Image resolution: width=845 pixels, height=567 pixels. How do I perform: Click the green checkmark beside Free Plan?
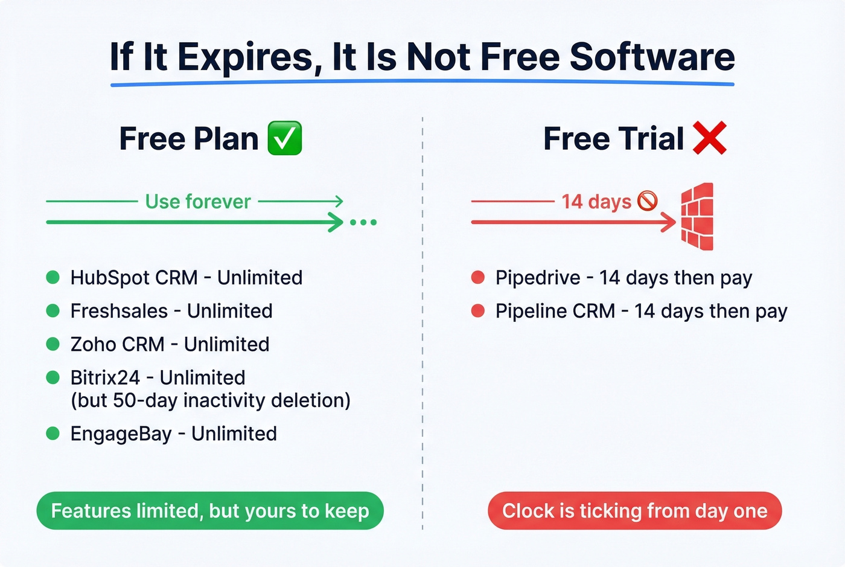(284, 138)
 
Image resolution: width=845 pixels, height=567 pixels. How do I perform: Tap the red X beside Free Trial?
(709, 138)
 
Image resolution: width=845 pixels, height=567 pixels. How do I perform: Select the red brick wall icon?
(698, 217)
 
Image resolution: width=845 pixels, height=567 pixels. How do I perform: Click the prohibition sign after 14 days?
(648, 200)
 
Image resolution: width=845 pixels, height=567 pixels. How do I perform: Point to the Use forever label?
(198, 201)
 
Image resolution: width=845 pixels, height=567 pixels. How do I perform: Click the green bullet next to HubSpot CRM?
(53, 277)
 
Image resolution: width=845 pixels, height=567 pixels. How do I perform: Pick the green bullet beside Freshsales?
(53, 310)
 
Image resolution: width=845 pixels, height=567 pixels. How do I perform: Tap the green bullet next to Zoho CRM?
(53, 344)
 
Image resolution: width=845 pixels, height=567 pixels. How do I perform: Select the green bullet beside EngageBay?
(53, 433)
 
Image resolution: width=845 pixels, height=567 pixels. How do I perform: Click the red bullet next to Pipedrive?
(478, 277)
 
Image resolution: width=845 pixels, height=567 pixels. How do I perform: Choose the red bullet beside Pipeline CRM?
(478, 310)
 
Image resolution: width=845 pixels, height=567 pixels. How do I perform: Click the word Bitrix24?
(105, 377)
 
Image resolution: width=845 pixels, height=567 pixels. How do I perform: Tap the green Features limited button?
(210, 511)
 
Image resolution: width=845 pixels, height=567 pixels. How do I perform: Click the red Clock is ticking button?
(634, 511)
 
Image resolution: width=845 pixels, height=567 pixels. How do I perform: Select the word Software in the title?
(652, 57)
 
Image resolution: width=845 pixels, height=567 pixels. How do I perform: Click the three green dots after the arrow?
(363, 222)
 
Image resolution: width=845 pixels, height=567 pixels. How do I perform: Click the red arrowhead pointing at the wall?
(669, 222)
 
